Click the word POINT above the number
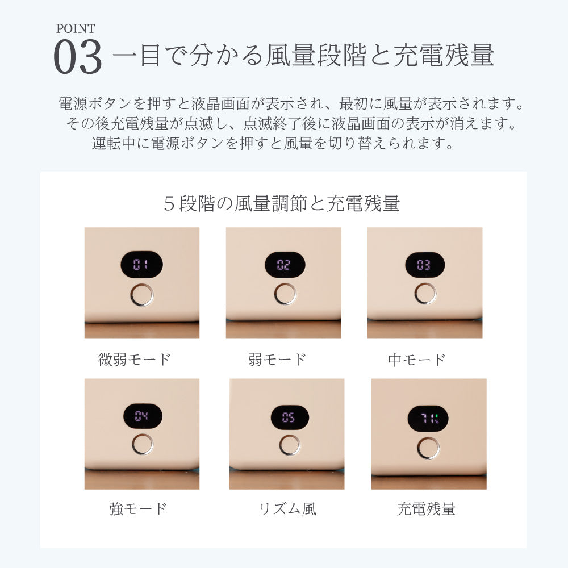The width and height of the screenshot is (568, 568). point(76,28)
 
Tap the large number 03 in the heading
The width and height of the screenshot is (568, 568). point(78,57)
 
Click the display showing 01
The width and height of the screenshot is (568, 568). point(141,265)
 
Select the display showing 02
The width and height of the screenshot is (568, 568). point(285,265)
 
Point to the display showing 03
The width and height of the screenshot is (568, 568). point(425,265)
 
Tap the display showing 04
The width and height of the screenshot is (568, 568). point(143,416)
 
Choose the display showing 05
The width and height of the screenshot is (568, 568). point(290,418)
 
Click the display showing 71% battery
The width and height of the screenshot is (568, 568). point(428,419)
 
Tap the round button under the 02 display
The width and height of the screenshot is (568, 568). point(286,294)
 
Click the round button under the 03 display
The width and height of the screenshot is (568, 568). point(425,294)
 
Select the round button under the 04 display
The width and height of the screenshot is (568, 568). point(143,444)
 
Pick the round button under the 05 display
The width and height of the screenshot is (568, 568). point(290,445)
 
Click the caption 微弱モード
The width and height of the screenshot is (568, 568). point(135,360)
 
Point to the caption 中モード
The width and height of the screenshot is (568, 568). point(417,360)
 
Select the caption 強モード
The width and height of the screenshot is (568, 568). point(138,508)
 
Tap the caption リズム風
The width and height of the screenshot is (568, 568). point(288,508)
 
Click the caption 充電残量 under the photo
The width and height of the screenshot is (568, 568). point(426,508)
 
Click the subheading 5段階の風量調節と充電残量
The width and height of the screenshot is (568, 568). point(282,203)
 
